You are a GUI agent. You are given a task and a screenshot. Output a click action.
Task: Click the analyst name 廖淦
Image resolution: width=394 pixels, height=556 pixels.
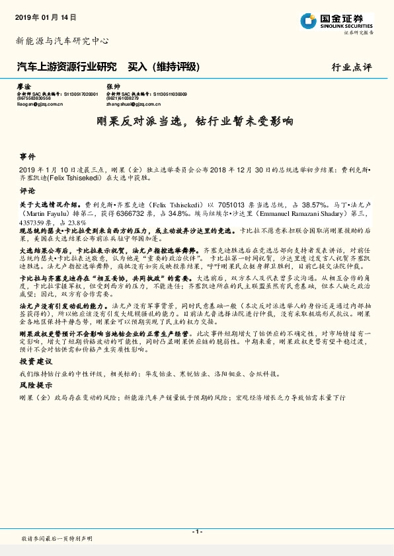click(23, 87)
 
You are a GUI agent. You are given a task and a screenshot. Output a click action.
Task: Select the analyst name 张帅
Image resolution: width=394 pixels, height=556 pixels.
click(113, 87)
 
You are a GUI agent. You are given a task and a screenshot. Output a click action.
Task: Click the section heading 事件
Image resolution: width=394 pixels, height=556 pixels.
click(27, 157)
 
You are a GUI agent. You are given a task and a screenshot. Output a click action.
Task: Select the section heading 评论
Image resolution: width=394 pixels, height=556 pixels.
click(27, 191)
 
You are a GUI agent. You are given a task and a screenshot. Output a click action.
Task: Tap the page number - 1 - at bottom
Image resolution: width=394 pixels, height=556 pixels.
click(196, 532)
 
